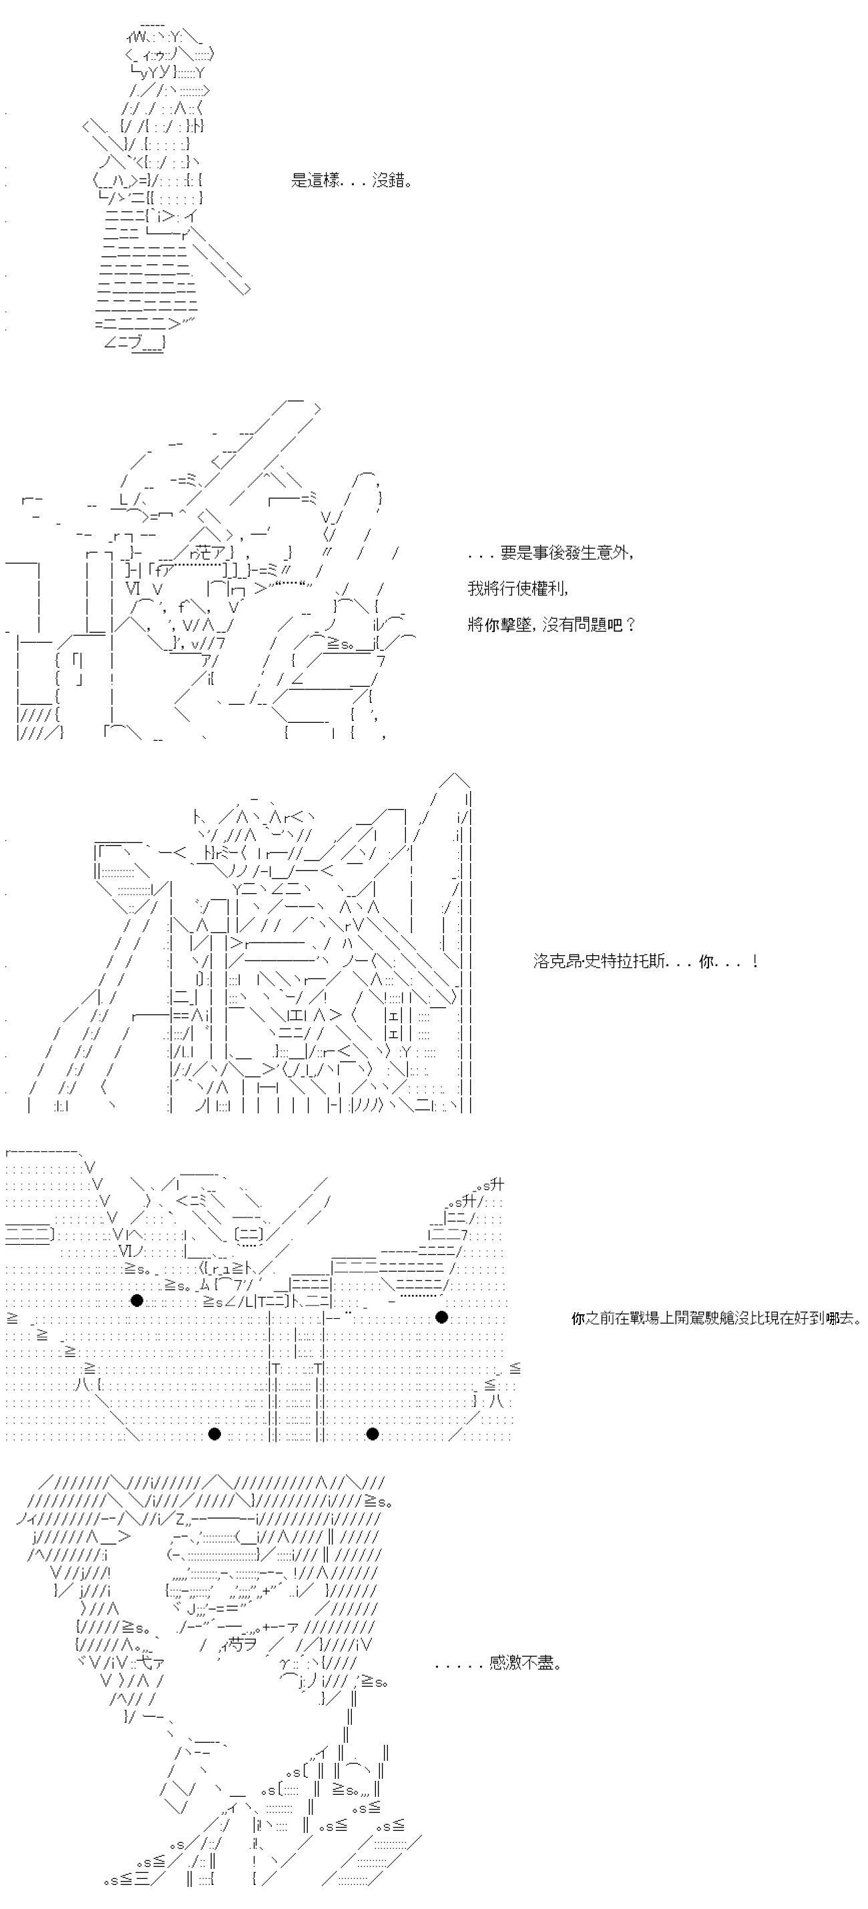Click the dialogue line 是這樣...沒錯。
point(351,181)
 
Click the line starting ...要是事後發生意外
point(550,553)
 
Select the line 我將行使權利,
point(519,589)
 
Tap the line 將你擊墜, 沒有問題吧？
point(552,624)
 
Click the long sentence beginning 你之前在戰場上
point(716,1318)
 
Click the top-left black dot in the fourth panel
point(136,1300)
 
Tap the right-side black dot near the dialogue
point(442,1317)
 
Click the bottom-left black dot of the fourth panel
point(215,1434)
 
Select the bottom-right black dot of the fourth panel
point(373,1434)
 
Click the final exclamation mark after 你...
point(754,962)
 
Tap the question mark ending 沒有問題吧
point(630,624)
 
